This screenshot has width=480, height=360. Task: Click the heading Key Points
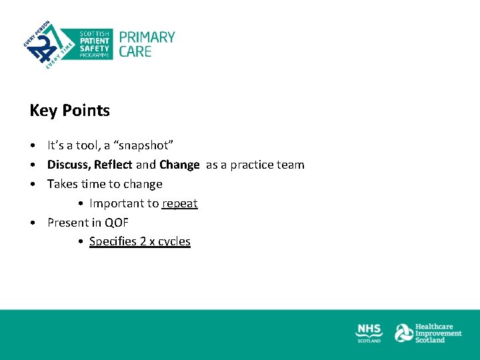pos(69,111)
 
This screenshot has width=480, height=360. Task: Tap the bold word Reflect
pos(113,165)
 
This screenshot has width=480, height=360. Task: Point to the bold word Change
pos(179,165)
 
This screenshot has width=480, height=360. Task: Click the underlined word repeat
pos(179,203)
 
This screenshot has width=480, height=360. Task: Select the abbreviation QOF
pos(117,223)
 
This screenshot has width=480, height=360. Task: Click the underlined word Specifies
pos(113,241)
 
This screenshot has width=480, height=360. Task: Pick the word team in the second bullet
pos(291,165)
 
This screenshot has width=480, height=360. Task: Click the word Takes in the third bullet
pos(63,184)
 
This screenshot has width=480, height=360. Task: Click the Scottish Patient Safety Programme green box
pos(95,44)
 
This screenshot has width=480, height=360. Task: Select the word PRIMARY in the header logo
pos(147,37)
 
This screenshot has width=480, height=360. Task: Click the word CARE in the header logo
pos(135,51)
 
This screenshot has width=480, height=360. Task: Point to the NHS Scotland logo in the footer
pos(369,333)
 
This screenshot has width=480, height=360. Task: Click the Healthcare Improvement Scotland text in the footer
pos(438,333)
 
